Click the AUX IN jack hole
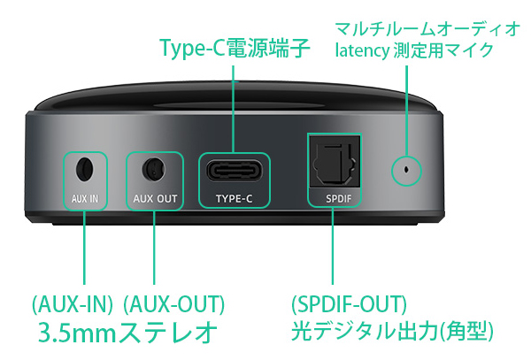click(84, 168)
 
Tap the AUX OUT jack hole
click(154, 168)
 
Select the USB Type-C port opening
click(234, 171)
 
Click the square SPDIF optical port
click(334, 162)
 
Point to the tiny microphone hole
click(406, 169)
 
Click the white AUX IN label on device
click(85, 199)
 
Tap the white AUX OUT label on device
click(155, 199)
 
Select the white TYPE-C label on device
click(234, 199)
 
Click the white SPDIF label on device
click(339, 199)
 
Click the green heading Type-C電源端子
click(235, 48)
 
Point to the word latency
click(362, 50)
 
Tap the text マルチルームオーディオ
click(427, 28)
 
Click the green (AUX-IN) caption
click(73, 304)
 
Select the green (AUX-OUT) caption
click(173, 304)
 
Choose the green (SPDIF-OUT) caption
click(350, 304)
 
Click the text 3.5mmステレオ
click(127, 332)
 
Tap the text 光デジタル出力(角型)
click(392, 331)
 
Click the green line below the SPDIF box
click(333, 246)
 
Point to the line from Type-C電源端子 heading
click(234, 109)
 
